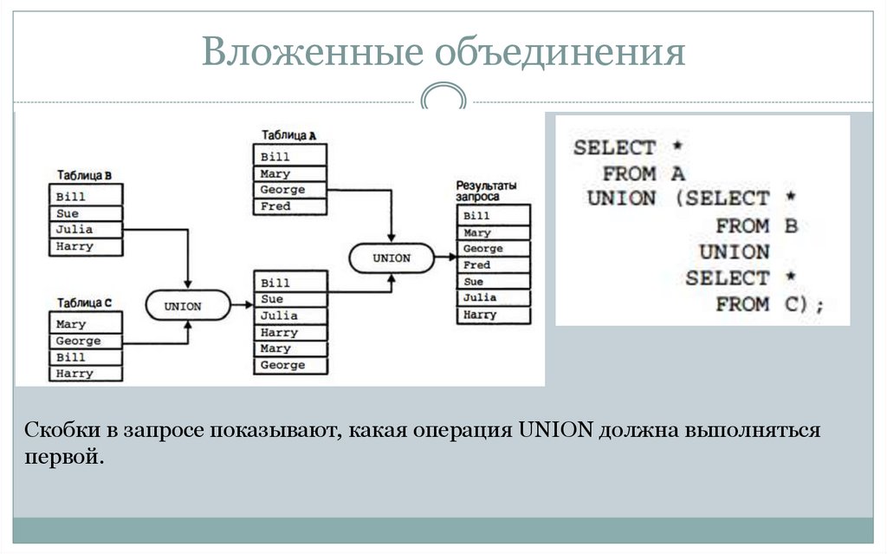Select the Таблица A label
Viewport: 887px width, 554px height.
point(288,136)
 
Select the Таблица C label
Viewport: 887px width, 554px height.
point(84,303)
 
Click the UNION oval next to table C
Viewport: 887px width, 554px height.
point(184,306)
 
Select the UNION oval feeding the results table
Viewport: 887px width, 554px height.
point(392,257)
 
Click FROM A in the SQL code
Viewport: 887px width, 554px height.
point(643,173)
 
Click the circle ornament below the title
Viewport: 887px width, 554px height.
point(443,97)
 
